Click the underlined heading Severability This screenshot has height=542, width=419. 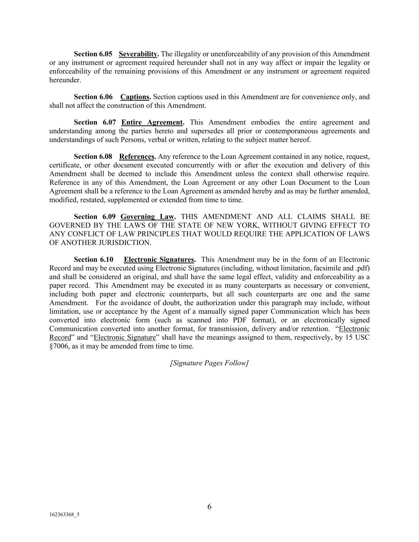(138, 54)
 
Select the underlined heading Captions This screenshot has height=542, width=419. (135, 97)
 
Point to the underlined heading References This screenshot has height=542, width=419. (137, 156)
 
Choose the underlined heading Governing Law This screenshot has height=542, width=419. (147, 217)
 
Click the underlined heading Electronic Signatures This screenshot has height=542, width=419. (159, 260)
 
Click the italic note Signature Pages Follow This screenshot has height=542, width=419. (209, 363)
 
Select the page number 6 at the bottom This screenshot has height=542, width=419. (209, 507)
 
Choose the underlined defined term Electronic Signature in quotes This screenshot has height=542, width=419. (125, 338)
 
